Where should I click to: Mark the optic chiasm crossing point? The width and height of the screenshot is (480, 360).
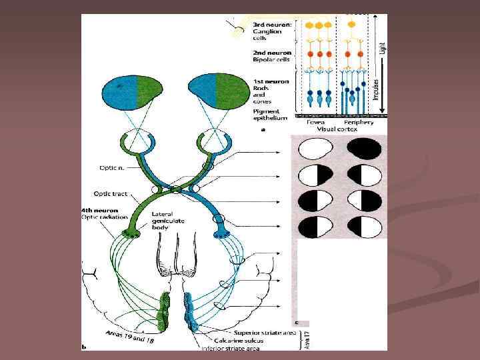(177, 190)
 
